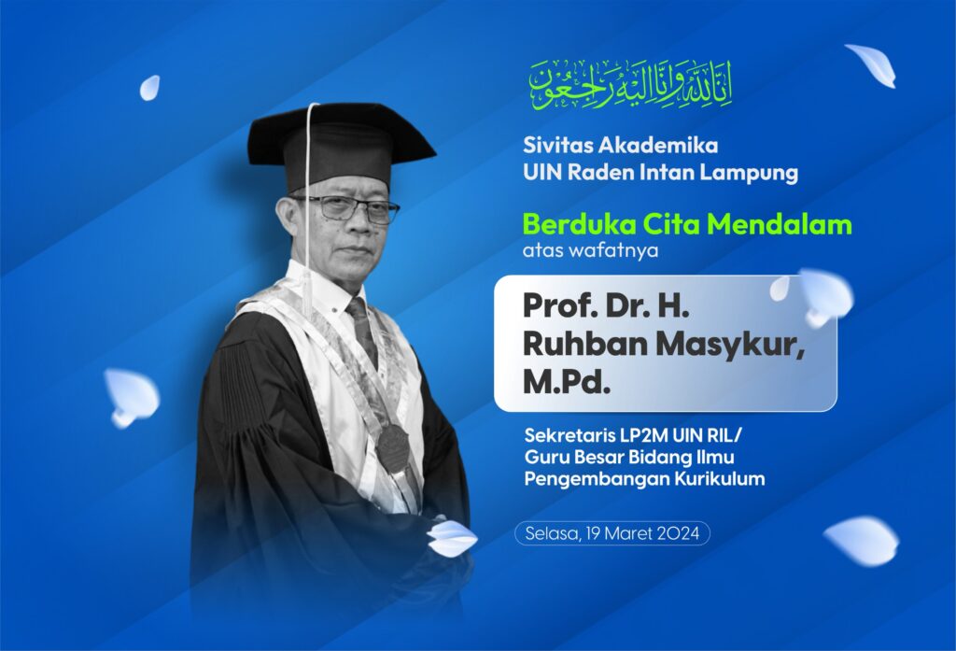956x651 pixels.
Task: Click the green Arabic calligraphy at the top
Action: [x=630, y=84]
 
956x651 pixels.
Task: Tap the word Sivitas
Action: [x=553, y=146]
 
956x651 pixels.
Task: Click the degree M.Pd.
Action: [x=567, y=382]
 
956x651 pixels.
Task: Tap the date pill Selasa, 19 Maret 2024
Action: [x=612, y=533]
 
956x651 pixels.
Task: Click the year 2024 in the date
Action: [x=677, y=533]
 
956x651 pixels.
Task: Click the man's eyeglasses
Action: [x=346, y=208]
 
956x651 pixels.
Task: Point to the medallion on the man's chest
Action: [x=393, y=446]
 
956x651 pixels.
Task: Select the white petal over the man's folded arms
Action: [x=452, y=538]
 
